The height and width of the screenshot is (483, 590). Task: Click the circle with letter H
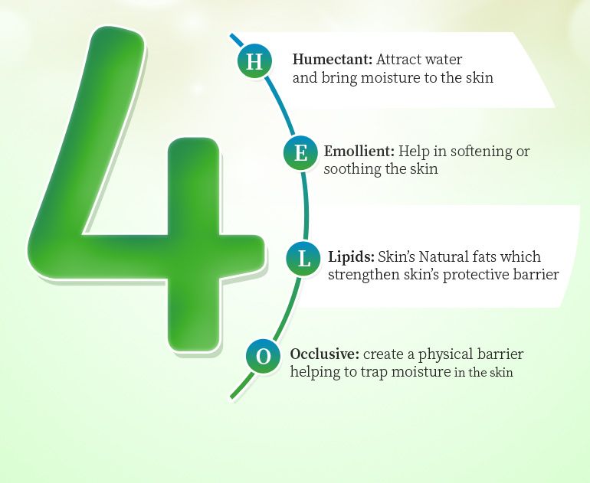coord(254,61)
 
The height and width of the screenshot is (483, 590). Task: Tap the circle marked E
coord(300,153)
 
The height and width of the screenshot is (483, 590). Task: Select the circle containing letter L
coord(303,259)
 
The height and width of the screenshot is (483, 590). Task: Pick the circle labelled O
coord(264,356)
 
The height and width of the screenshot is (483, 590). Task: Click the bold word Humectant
coord(333,60)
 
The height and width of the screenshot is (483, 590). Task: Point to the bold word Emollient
coord(359,151)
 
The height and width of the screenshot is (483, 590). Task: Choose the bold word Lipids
coord(352,257)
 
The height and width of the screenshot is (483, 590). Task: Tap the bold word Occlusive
coord(325,354)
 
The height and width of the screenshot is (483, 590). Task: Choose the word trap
coord(374,373)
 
